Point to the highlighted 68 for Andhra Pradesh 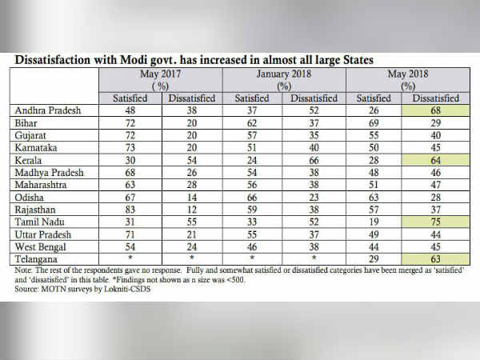point(435,110)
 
